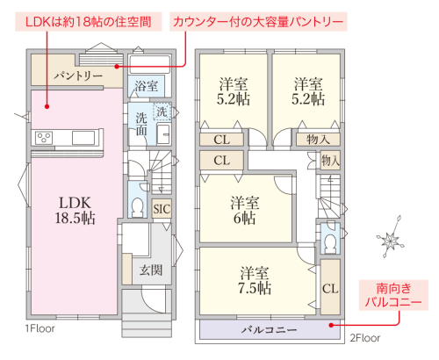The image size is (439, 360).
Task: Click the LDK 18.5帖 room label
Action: tap(76, 210)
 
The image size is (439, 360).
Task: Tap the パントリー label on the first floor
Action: tap(78, 76)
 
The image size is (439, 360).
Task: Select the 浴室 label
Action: tap(147, 86)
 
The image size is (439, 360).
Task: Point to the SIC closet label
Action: tap(162, 209)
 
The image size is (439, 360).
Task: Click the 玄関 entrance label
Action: tap(151, 270)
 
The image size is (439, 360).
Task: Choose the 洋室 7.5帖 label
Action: tap(255, 280)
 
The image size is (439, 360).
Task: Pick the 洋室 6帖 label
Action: tap(245, 210)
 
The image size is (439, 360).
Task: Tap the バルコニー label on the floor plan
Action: tap(270, 330)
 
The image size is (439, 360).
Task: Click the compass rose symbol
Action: tap(391, 237)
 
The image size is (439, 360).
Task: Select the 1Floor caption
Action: tap(40, 328)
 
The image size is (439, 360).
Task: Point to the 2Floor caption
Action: tap(365, 338)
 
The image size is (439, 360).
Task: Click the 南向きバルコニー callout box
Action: tap(393, 295)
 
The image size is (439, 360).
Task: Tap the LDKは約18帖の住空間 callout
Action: tap(89, 22)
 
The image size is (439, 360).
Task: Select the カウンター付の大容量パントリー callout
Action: tap(258, 22)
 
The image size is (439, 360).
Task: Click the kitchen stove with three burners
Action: tap(44, 138)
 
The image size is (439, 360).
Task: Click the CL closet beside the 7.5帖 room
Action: tap(330, 288)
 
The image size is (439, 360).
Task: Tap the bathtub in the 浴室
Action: tap(149, 64)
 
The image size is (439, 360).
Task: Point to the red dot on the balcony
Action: tap(331, 325)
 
